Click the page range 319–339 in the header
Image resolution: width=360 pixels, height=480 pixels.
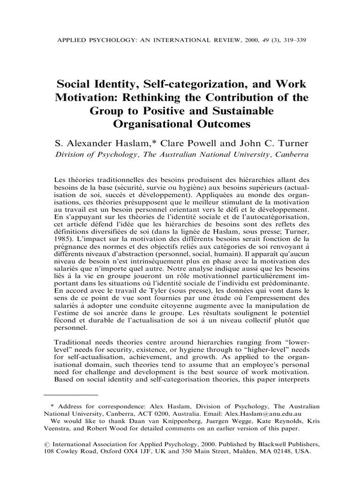click(x=291, y=40)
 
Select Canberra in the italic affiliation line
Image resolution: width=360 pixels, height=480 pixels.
click(x=290, y=155)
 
